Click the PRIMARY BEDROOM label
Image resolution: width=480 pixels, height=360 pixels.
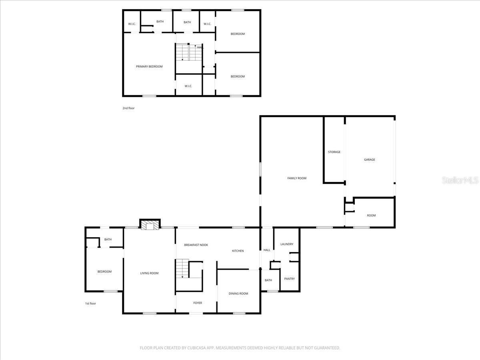(149, 66)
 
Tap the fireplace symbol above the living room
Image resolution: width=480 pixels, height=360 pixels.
(150, 226)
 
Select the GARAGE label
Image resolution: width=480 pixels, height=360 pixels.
(369, 160)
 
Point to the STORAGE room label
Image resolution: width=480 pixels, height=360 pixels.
(334, 152)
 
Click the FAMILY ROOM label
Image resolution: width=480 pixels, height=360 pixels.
(297, 178)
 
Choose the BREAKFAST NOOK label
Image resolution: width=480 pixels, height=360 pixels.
(196, 245)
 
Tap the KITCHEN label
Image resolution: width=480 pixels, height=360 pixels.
(238, 251)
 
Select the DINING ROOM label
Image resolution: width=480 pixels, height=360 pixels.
(238, 294)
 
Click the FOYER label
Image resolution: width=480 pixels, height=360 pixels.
(198, 303)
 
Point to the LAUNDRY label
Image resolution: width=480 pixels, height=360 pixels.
(287, 244)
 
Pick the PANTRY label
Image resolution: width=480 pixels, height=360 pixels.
(289, 279)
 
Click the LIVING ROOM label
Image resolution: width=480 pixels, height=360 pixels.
(149, 273)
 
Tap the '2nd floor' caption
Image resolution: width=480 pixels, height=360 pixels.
(128, 108)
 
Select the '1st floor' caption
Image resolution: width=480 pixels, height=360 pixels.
(90, 304)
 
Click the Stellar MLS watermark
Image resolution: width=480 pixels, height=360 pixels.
(460, 180)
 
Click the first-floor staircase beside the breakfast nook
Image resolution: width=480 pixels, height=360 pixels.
(182, 268)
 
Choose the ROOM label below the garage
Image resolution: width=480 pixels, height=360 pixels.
(371, 216)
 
